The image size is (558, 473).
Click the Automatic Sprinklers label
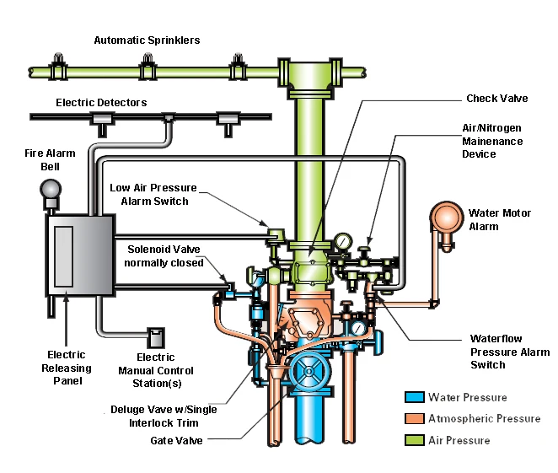(x=147, y=40)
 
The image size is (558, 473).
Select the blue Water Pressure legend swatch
(x=413, y=397)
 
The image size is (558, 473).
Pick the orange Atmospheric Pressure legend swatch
(x=413, y=418)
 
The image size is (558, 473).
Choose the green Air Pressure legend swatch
(x=413, y=440)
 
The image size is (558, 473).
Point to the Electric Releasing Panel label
(x=67, y=368)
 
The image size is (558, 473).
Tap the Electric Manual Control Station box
(x=156, y=337)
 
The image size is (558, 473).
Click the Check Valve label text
(x=496, y=99)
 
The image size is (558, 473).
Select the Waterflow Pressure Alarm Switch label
(x=510, y=352)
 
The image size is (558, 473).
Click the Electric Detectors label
(x=101, y=103)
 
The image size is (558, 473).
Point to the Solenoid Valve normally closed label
(x=165, y=255)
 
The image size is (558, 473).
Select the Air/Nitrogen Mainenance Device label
(x=492, y=142)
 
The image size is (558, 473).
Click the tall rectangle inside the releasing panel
(x=64, y=255)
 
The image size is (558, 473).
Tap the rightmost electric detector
(x=227, y=121)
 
